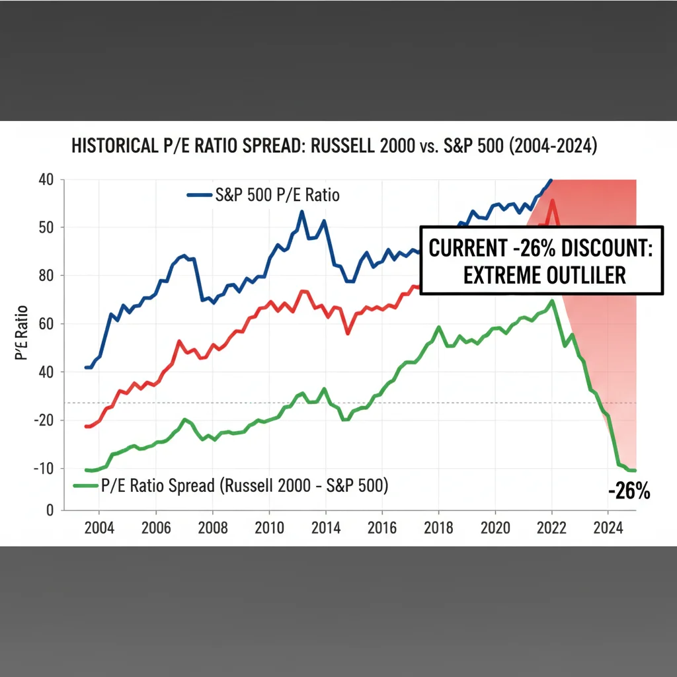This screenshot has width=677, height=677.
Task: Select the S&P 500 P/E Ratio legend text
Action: (278, 196)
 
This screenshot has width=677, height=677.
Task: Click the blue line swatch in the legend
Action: (200, 196)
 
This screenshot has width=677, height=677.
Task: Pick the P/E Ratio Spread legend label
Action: (245, 486)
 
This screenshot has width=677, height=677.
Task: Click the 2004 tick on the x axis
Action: (99, 528)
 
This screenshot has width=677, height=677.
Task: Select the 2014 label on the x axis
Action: (326, 528)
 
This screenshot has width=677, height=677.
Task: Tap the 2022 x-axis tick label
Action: (552, 528)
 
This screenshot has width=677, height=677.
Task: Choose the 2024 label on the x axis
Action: (609, 528)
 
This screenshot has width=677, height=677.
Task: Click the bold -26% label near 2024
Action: (629, 491)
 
